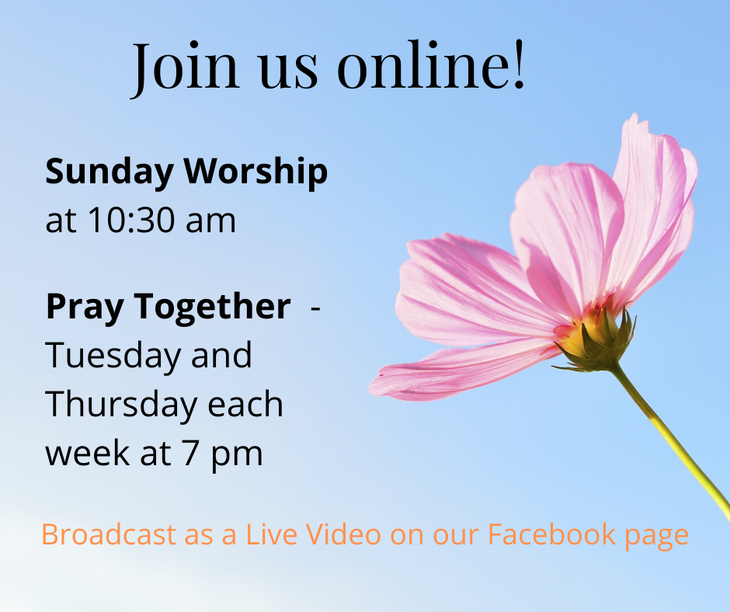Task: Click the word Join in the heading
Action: click(185, 68)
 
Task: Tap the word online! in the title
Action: click(432, 64)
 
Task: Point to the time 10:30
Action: click(131, 220)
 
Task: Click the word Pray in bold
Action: click(85, 308)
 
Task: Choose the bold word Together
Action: click(213, 308)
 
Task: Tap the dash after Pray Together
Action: click(315, 308)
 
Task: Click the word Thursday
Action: click(121, 405)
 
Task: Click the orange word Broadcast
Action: click(109, 534)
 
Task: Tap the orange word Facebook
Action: click(551, 534)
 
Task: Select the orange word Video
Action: click(343, 534)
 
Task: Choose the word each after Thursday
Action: click(245, 405)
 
